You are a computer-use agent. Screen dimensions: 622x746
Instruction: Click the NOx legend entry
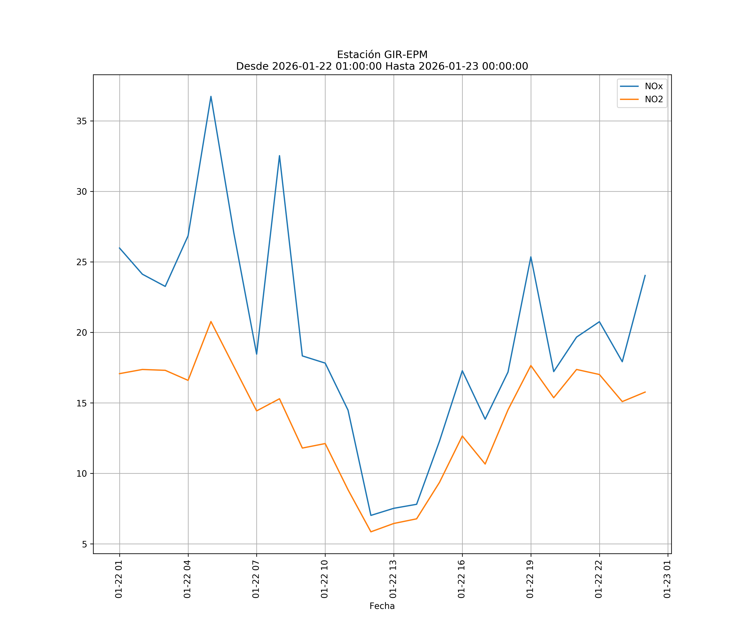click(653, 86)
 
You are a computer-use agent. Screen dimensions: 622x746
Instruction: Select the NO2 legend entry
click(654, 100)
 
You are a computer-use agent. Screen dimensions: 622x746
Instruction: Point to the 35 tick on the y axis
click(82, 121)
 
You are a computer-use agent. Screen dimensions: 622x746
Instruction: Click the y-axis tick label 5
click(85, 544)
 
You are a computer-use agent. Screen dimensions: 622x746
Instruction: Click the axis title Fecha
click(382, 606)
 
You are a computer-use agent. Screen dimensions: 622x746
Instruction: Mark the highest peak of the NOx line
click(211, 96)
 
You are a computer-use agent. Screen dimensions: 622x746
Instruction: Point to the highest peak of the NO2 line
click(211, 322)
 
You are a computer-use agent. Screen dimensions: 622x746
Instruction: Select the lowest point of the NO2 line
click(371, 532)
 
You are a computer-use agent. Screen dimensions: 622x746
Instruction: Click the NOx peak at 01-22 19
click(531, 257)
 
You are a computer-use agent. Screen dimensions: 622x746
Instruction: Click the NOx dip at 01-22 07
click(257, 354)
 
